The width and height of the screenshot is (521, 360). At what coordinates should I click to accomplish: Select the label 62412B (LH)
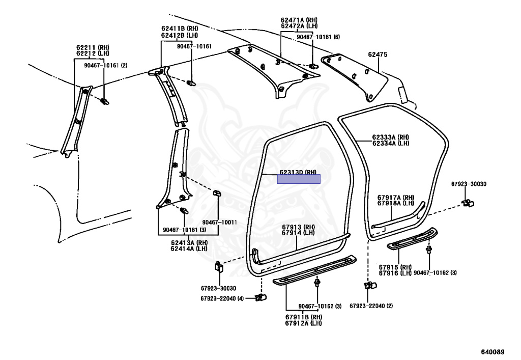point(180,35)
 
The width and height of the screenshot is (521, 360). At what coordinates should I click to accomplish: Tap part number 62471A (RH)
point(299,19)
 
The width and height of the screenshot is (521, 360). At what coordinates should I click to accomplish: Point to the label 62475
point(378,54)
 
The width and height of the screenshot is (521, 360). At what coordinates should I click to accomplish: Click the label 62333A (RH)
point(390,137)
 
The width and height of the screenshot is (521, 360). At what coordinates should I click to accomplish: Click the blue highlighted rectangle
point(299,179)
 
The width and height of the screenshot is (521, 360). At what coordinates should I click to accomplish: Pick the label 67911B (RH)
point(303,317)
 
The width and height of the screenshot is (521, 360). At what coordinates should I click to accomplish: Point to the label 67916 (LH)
point(394,273)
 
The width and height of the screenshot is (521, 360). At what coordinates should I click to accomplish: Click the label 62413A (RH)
point(189,242)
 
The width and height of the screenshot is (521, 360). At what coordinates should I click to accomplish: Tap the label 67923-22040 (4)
point(222,298)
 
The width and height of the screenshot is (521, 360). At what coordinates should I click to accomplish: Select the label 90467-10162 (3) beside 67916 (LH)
point(435,273)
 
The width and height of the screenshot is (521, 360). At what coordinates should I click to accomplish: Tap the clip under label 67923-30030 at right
point(467,204)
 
